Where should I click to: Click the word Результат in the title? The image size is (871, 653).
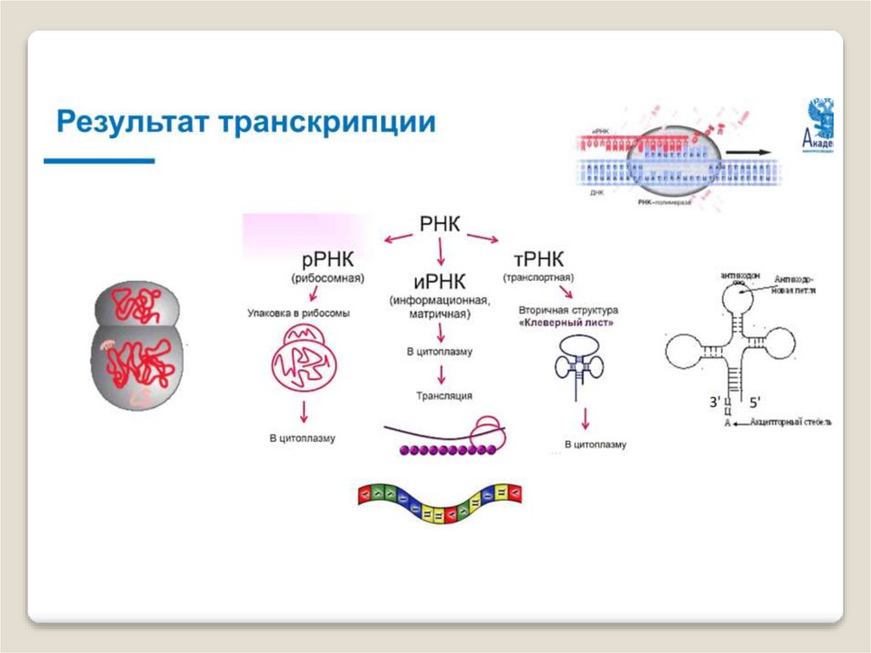(x=134, y=122)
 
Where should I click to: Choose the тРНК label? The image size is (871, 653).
(x=538, y=259)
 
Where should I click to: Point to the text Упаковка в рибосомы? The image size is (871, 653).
(x=299, y=313)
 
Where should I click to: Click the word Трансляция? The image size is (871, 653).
(x=443, y=395)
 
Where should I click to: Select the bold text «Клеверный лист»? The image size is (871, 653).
(x=568, y=324)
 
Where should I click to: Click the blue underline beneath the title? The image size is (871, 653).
(x=100, y=160)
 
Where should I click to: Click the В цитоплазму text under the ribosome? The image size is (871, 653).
(x=303, y=438)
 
